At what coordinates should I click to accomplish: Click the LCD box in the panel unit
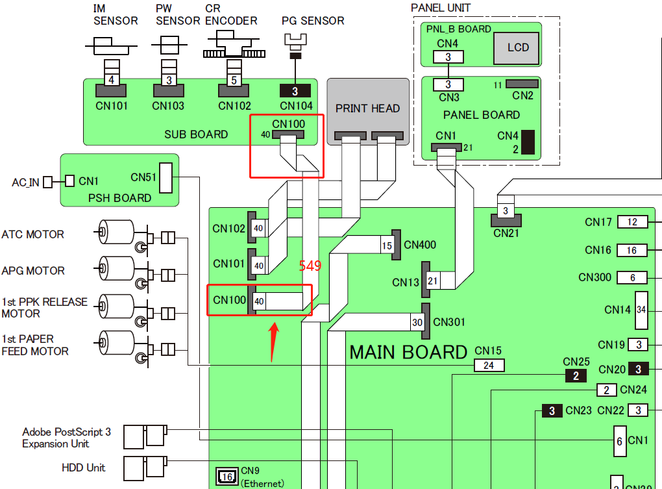[518, 48]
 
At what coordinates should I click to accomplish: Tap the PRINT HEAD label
[367, 108]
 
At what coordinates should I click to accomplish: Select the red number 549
[310, 266]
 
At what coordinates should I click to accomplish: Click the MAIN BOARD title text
[408, 352]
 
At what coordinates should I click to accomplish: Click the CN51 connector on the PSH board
[166, 177]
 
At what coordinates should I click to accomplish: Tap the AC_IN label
[25, 183]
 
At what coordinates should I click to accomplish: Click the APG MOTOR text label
[33, 270]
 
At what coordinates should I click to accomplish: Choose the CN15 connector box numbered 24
[489, 366]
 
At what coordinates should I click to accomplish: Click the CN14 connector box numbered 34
[641, 310]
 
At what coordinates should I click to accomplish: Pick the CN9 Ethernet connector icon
[227, 477]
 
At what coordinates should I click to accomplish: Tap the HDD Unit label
[83, 468]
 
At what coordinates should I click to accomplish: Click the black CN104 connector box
[295, 91]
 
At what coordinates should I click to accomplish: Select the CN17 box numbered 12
[632, 222]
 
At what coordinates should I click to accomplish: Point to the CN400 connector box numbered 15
[387, 246]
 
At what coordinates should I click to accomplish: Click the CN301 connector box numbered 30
[417, 321]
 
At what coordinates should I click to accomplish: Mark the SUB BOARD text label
[196, 134]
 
